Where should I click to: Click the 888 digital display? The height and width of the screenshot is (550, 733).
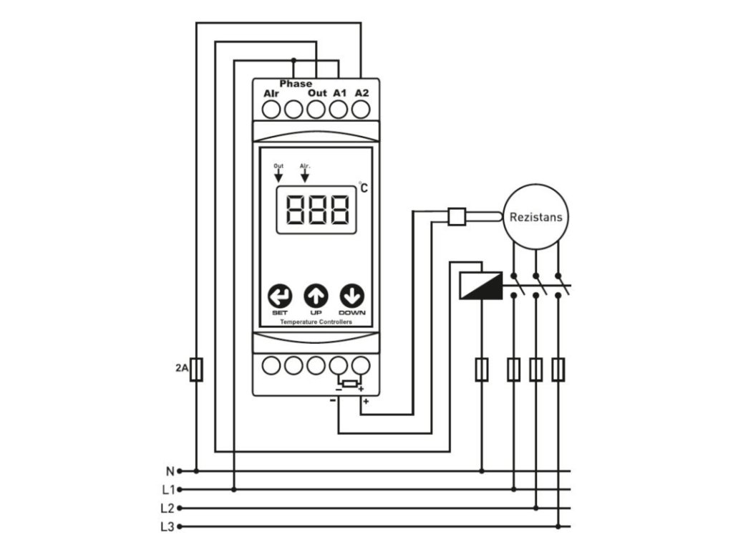(316, 211)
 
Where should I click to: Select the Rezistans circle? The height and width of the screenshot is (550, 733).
(536, 216)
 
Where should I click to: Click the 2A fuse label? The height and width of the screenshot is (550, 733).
(180, 369)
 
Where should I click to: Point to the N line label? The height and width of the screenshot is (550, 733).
(170, 471)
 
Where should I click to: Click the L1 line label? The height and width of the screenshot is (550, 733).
(168, 490)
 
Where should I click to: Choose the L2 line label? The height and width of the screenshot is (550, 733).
(168, 508)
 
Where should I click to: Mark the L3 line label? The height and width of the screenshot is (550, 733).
(168, 527)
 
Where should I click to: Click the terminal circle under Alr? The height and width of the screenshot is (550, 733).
(271, 110)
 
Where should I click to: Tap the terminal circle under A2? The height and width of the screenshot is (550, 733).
(361, 110)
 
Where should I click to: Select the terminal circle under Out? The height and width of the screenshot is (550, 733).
(316, 110)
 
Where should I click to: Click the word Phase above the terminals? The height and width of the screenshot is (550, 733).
(296, 84)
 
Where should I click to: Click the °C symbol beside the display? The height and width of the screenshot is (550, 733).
(364, 188)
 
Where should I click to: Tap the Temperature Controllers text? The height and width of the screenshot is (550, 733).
(316, 322)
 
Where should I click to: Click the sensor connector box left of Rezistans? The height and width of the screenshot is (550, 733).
(456, 216)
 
